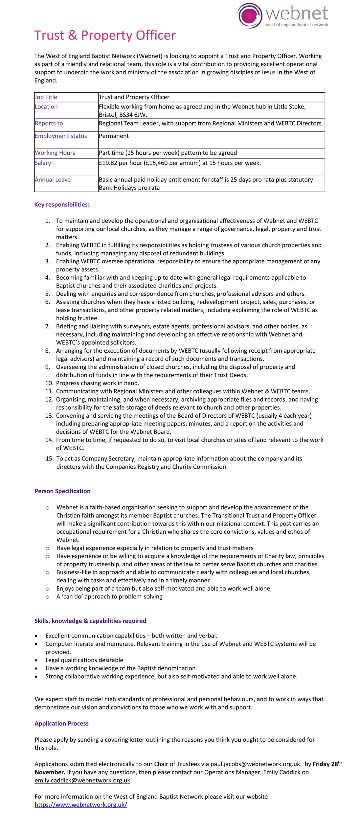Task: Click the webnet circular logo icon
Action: click(x=250, y=15)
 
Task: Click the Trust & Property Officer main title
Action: click(x=105, y=35)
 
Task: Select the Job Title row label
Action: click(x=46, y=97)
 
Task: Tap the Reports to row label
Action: click(x=49, y=123)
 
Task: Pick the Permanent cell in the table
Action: click(x=114, y=136)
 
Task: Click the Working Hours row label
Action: click(x=55, y=153)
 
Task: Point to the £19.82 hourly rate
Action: click(x=108, y=163)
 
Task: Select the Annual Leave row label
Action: click(x=53, y=180)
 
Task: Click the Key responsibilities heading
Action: click(x=62, y=204)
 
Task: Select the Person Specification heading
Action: click(x=62, y=491)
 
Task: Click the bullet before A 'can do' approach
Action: click(x=48, y=597)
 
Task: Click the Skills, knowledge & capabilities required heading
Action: click(x=90, y=621)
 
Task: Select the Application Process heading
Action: click(x=61, y=723)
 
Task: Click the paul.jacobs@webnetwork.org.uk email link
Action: click(x=255, y=764)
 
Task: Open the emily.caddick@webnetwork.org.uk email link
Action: click(x=82, y=780)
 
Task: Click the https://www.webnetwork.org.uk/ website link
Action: click(x=81, y=804)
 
